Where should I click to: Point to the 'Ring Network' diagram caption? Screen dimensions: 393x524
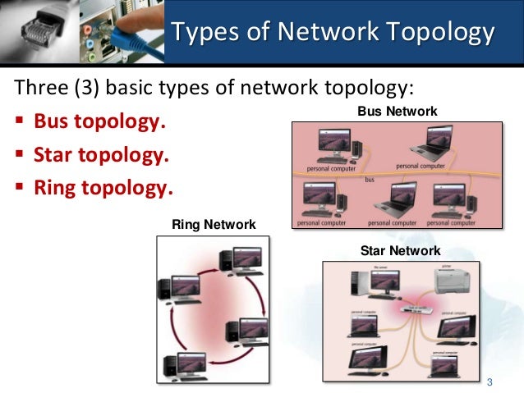coord(213,224)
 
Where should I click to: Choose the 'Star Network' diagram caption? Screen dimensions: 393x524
coord(401,250)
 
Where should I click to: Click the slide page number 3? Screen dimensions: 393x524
coord(490,382)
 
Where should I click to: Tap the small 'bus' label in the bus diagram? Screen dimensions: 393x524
coord(370,179)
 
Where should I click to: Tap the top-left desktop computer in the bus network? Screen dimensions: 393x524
coord(330,147)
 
